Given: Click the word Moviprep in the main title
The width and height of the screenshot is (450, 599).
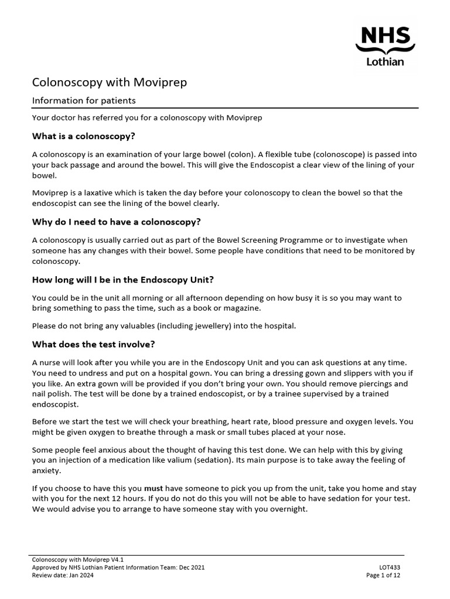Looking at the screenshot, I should click(x=162, y=82).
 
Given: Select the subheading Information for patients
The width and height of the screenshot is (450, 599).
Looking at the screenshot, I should click(x=84, y=101).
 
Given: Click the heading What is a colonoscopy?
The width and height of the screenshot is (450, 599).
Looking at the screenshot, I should click(x=84, y=136).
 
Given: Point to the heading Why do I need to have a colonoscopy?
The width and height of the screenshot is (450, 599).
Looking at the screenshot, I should click(x=116, y=222).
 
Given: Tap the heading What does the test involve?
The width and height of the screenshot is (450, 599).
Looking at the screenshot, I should click(x=93, y=343).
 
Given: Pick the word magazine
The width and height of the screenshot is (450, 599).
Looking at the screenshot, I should click(x=239, y=308).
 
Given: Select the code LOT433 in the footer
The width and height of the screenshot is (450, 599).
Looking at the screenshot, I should click(x=390, y=567).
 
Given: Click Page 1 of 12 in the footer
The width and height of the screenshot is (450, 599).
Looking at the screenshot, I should click(x=383, y=575).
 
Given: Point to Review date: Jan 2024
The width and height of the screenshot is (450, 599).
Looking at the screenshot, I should click(x=63, y=575).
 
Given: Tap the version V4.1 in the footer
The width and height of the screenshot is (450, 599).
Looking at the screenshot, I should click(x=116, y=560).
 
